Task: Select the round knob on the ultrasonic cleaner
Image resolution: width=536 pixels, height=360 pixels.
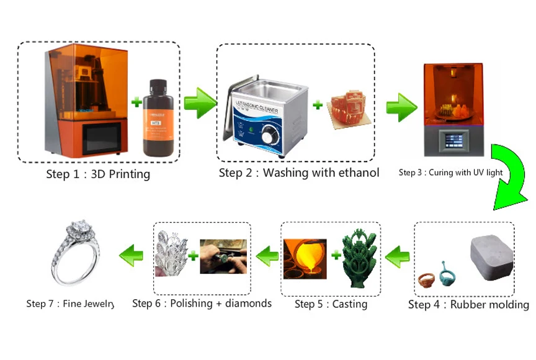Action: point(269,136)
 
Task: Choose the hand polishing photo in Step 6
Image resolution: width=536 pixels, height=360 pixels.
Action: point(223,256)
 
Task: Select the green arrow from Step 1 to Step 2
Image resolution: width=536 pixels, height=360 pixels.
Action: point(199,102)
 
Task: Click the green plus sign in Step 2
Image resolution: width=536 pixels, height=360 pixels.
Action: point(318,105)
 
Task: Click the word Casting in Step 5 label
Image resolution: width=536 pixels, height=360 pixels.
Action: point(350,304)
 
